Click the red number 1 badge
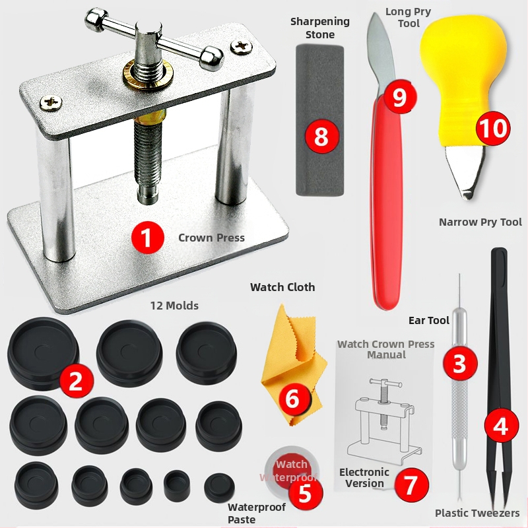pyautogui.click(x=147, y=238)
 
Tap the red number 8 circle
pyautogui.click(x=321, y=136)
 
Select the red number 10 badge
pyautogui.click(x=492, y=128)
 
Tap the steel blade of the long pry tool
pyautogui.click(x=381, y=54)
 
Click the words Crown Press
pyautogui.click(x=211, y=238)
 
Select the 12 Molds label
pyautogui.click(x=174, y=306)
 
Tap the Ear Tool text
pyautogui.click(x=428, y=320)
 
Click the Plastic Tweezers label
pyautogui.click(x=477, y=513)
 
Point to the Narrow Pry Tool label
pyautogui.click(x=480, y=222)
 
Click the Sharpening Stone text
pyautogui.click(x=320, y=28)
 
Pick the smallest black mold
pyautogui.click(x=219, y=487)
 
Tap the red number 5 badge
pyautogui.click(x=305, y=492)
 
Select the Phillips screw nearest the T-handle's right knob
pyautogui.click(x=242, y=46)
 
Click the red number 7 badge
pyautogui.click(x=411, y=485)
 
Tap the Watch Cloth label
pyautogui.click(x=282, y=287)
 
